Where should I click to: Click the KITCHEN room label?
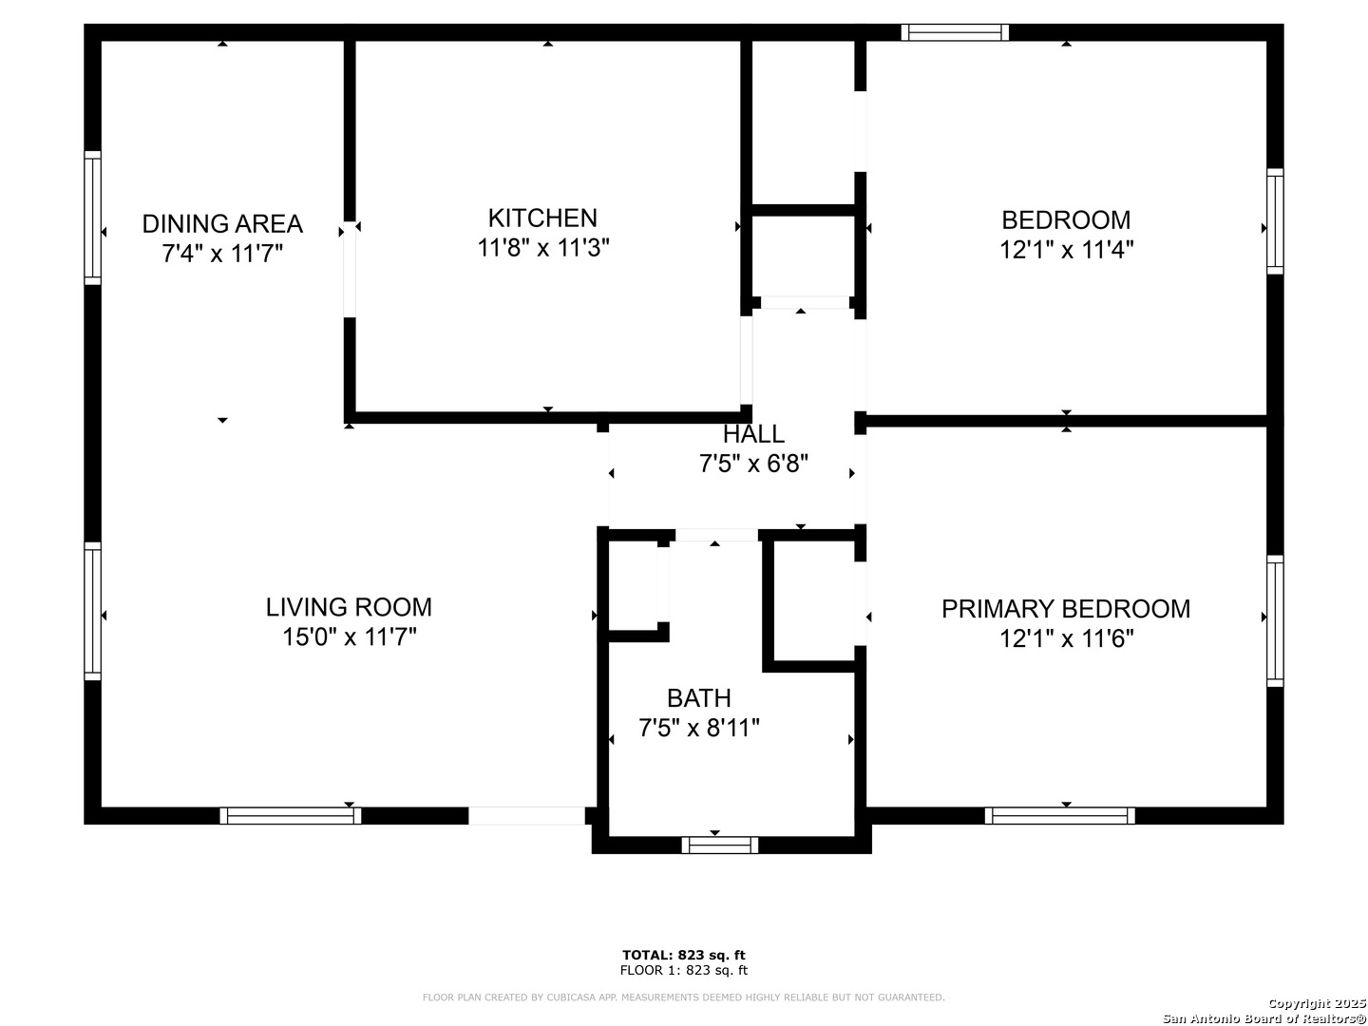542,218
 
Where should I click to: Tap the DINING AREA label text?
222,223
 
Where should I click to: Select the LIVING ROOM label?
349,607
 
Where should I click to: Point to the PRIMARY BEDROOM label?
1066,609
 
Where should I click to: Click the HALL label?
753,433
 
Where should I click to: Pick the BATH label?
698,698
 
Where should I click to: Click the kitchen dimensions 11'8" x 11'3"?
542,248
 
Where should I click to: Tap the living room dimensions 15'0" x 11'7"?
350,637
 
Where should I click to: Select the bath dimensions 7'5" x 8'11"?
699,728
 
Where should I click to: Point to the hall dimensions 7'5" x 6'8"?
753,464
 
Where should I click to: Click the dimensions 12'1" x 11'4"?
1066,250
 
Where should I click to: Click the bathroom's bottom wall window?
720,845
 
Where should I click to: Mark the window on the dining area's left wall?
92,218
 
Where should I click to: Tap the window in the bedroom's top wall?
955,32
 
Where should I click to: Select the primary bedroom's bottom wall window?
1059,815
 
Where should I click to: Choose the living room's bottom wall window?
291,815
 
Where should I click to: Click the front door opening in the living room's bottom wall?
526,815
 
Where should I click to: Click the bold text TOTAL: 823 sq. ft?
684,955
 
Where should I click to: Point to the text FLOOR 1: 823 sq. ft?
684,970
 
